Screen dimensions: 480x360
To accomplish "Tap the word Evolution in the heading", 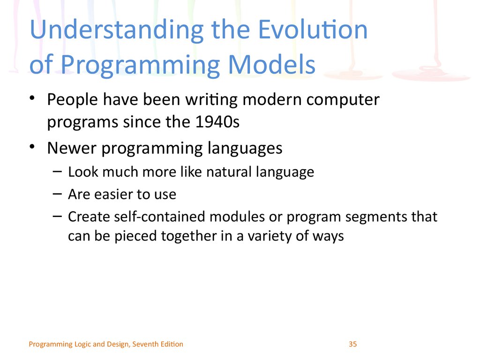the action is click(x=313, y=30).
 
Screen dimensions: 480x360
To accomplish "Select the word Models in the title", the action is click(x=272, y=65).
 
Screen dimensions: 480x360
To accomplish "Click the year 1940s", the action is click(x=217, y=121).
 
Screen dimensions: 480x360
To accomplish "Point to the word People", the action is click(x=73, y=100).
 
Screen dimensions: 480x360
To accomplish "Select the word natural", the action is click(x=229, y=172).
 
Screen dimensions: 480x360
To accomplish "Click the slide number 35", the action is click(x=352, y=344).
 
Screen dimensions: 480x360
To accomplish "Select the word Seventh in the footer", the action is click(x=143, y=344).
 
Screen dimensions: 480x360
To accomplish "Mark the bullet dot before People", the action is click(x=32, y=98).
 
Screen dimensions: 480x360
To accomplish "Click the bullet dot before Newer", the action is click(x=32, y=146).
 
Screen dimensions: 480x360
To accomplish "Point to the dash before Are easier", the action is click(x=57, y=194).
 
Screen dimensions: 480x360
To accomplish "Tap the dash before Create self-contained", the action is click(x=57, y=217).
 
